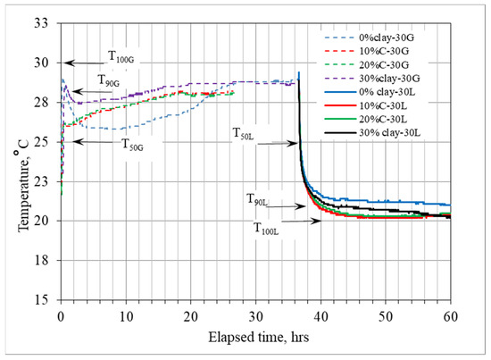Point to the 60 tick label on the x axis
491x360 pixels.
pyautogui.click(x=450, y=317)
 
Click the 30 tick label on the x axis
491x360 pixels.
pyautogui.click(x=255, y=317)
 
